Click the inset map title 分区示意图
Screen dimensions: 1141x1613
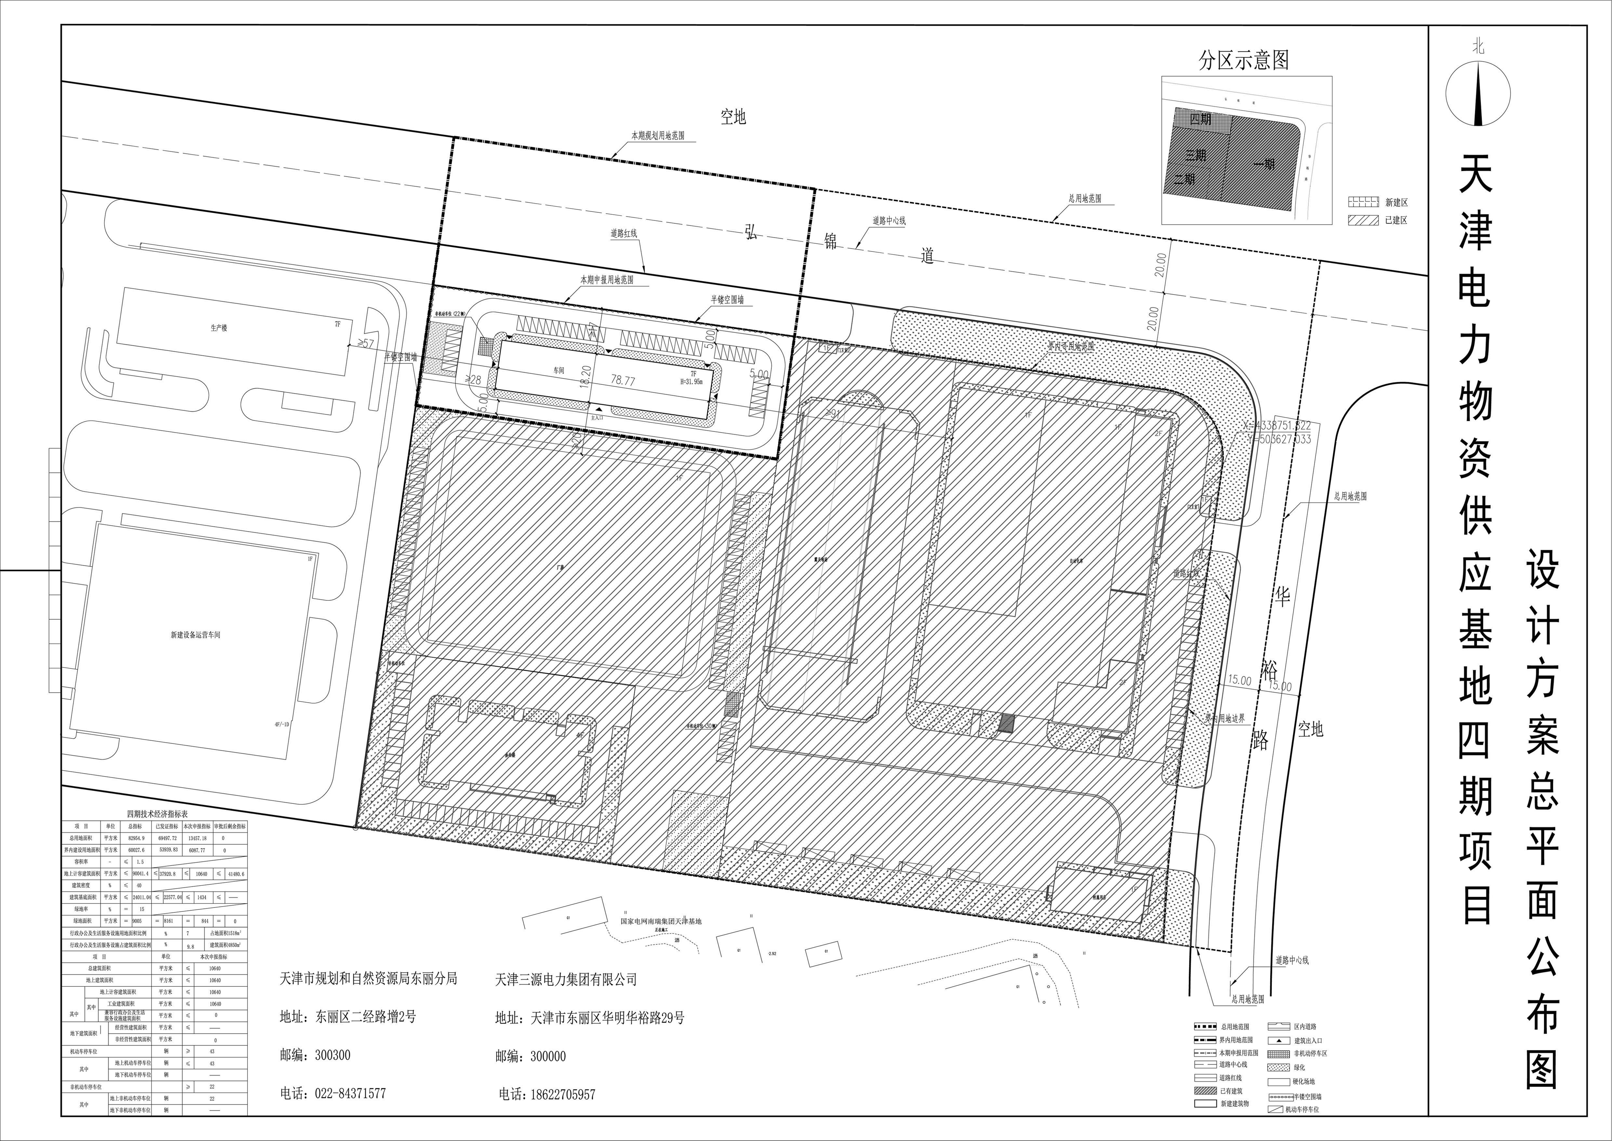point(1243,61)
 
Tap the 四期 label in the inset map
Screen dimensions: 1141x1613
point(1200,119)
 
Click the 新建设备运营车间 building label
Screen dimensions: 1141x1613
point(195,635)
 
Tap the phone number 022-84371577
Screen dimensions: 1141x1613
point(333,1094)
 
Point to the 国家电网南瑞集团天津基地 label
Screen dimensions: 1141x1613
point(660,920)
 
